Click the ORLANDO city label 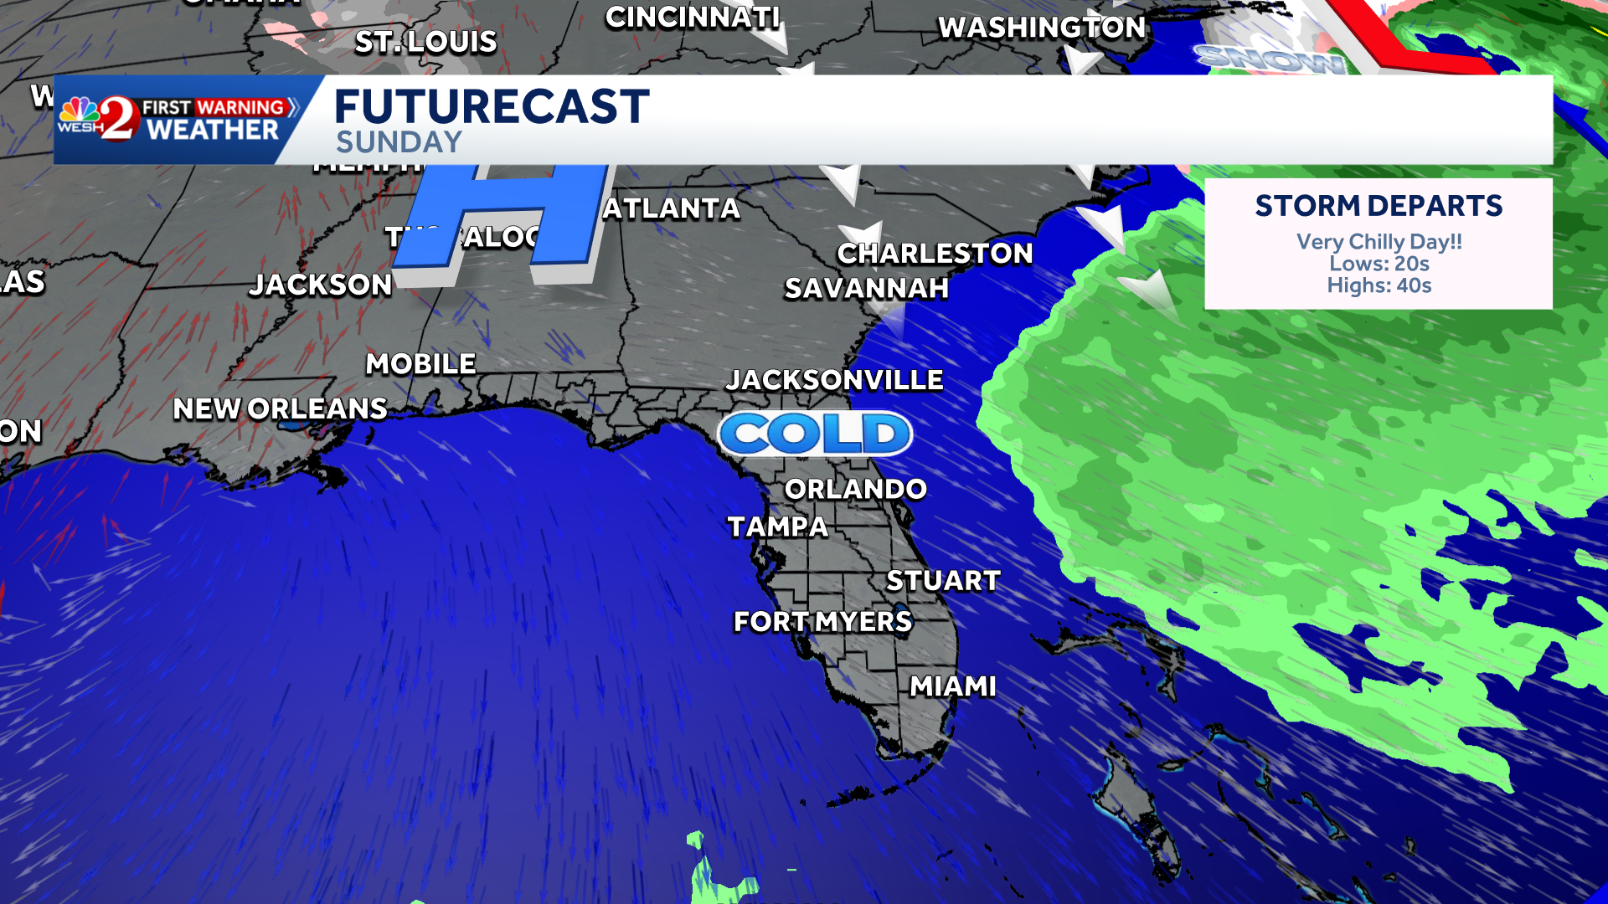[x=855, y=489]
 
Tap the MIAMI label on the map [x=953, y=686]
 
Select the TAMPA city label [x=777, y=526]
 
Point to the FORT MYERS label [x=822, y=621]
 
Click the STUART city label [x=943, y=580]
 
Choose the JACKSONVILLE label [x=834, y=380]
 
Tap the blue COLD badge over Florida [x=815, y=434]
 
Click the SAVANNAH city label [x=866, y=289]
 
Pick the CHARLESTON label [x=935, y=254]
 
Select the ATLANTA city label [x=671, y=208]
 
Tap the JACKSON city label [x=321, y=285]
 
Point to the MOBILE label [x=420, y=364]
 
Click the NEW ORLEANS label [x=280, y=408]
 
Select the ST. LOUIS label [x=425, y=42]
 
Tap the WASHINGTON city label [x=1041, y=28]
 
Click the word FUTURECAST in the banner [x=492, y=107]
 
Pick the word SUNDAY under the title [x=399, y=142]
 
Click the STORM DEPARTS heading [x=1379, y=206]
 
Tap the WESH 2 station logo [x=98, y=119]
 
